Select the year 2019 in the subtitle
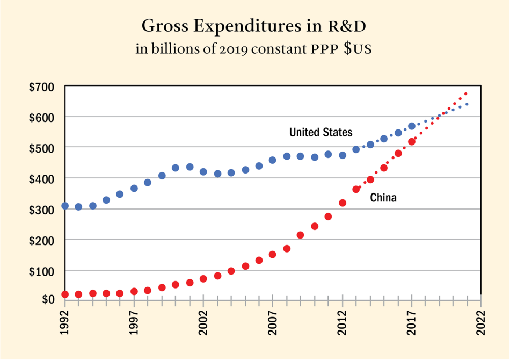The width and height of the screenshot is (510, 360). pos(234,49)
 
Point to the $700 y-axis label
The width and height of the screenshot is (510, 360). pos(43,87)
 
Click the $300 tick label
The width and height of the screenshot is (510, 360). pos(43,209)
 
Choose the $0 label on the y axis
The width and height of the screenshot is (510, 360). pos(49,299)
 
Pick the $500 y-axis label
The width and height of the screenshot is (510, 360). pos(43,148)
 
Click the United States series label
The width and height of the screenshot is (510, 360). pos(320,132)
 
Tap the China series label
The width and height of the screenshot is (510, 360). pos(383,198)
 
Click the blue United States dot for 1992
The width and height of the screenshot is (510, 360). pos(65,206)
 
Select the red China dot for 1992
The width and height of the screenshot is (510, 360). pos(65,294)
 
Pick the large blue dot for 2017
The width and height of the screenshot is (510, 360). pos(412,126)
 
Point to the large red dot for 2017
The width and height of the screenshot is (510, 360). pos(412,142)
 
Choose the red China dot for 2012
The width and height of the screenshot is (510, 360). pos(343,203)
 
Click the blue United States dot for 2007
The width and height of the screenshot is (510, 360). pos(272,160)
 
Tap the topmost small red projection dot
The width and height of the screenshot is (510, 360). pos(466,93)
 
